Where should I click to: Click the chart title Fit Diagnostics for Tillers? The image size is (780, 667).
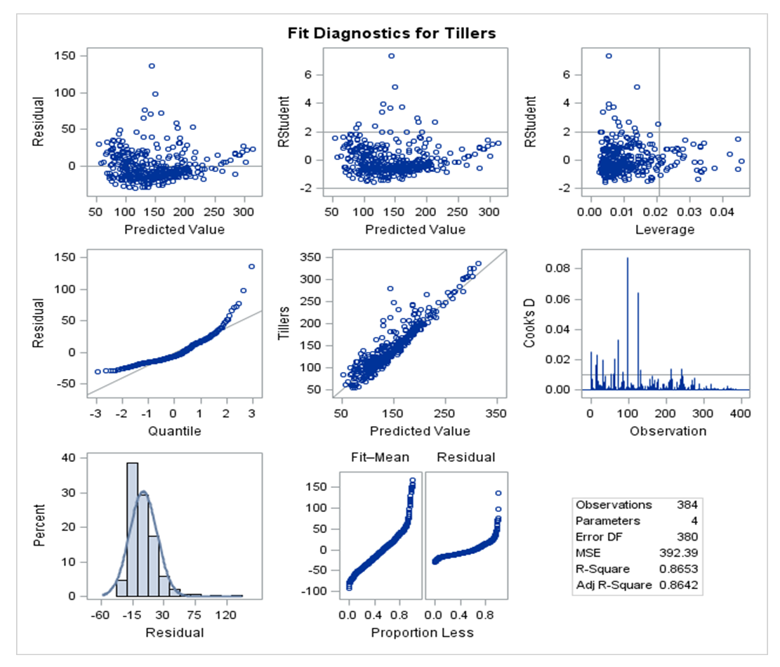pos(392,33)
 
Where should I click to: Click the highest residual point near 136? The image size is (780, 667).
pos(151,66)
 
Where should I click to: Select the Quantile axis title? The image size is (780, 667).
pos(174,431)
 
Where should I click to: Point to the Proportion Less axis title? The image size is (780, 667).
pos(423,633)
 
